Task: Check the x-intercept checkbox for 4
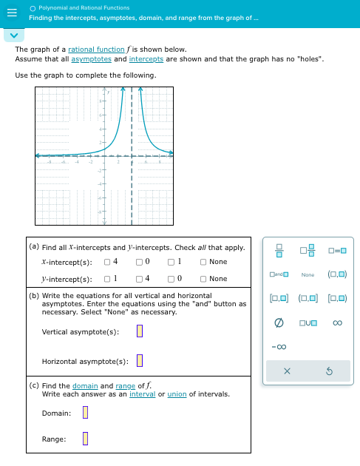click(x=107, y=262)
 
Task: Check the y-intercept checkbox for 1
click(x=107, y=279)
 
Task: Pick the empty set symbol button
click(x=279, y=323)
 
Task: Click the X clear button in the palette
click(x=286, y=371)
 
